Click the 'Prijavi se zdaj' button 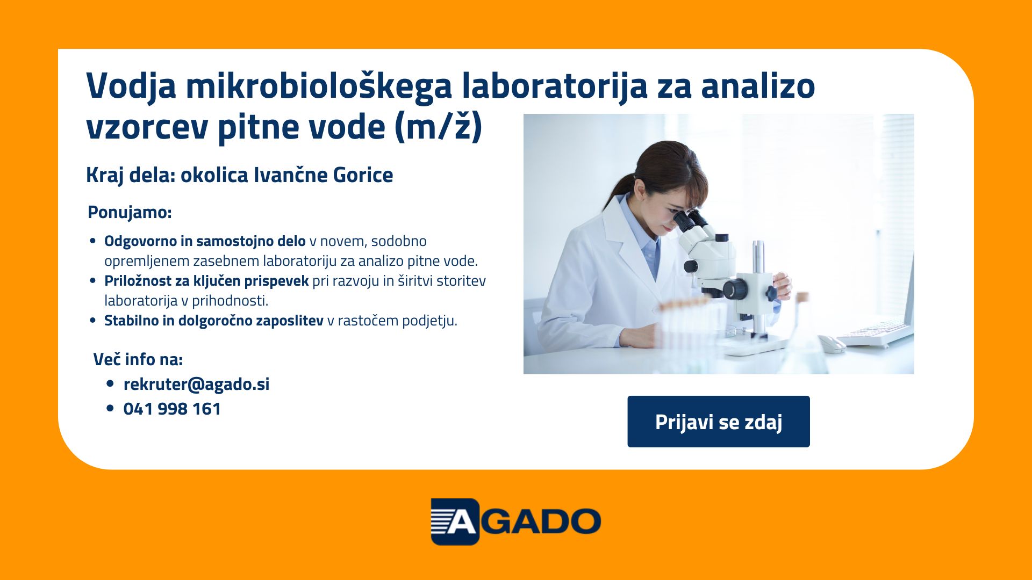click(x=719, y=422)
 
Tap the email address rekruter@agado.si click(x=196, y=384)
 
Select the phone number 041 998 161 click(x=172, y=409)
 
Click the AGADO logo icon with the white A click(x=455, y=521)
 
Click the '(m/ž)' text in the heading click(x=438, y=128)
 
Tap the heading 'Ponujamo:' click(x=130, y=212)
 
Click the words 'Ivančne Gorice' click(x=323, y=175)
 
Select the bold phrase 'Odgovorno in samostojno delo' click(x=205, y=241)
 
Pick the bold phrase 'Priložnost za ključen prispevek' click(x=206, y=281)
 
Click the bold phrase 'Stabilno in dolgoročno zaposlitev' click(x=214, y=321)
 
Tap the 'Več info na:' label click(x=138, y=359)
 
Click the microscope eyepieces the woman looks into click(x=690, y=220)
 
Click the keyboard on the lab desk click(x=875, y=332)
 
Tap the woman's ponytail click(x=618, y=191)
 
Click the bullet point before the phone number click(x=110, y=409)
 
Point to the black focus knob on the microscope click(x=734, y=289)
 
